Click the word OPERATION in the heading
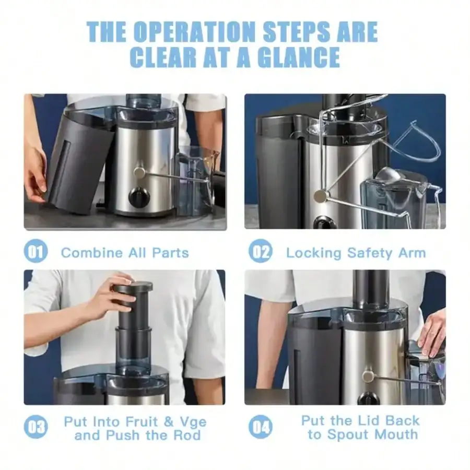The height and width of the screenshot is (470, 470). click(x=194, y=31)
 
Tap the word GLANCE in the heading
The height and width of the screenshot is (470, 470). click(x=298, y=57)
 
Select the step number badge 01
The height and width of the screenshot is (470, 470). click(x=36, y=251)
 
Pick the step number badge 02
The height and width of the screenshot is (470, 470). click(x=261, y=251)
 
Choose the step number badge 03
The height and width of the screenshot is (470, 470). click(x=36, y=427)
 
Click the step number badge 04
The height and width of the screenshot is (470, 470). click(x=261, y=427)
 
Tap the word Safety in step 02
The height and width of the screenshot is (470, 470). click(x=370, y=253)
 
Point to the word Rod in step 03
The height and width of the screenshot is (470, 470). click(x=187, y=436)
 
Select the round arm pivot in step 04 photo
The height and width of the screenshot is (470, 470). click(x=368, y=377)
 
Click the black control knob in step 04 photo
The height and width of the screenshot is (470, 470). click(x=368, y=398)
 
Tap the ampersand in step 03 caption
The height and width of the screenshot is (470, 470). click(x=169, y=422)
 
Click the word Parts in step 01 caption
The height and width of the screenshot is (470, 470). click(x=170, y=253)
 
